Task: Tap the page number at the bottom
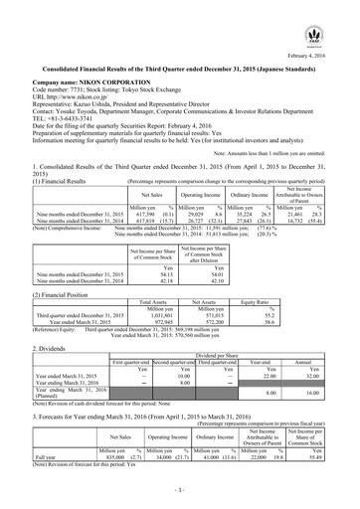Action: [x=180, y=492]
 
